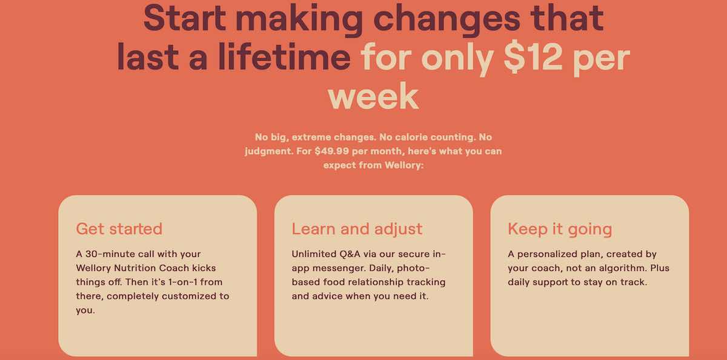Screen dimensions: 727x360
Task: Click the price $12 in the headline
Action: click(x=533, y=57)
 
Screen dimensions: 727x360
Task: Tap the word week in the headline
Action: click(x=373, y=96)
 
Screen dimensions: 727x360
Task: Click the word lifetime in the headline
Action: click(x=285, y=56)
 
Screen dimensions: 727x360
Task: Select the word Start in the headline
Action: click(x=184, y=18)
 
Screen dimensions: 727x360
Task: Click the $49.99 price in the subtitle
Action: click(x=332, y=152)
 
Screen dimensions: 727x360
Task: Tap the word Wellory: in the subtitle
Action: click(x=404, y=165)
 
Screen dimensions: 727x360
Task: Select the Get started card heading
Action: click(x=119, y=229)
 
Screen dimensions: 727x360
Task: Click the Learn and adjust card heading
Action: click(x=357, y=229)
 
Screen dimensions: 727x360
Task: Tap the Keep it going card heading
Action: click(x=560, y=230)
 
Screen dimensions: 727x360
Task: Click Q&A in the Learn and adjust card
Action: click(x=350, y=254)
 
